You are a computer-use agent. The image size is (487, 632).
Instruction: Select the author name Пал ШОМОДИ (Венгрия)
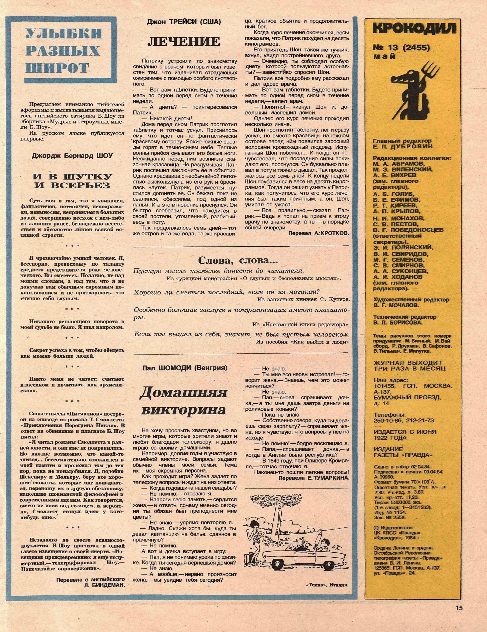[185, 368]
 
